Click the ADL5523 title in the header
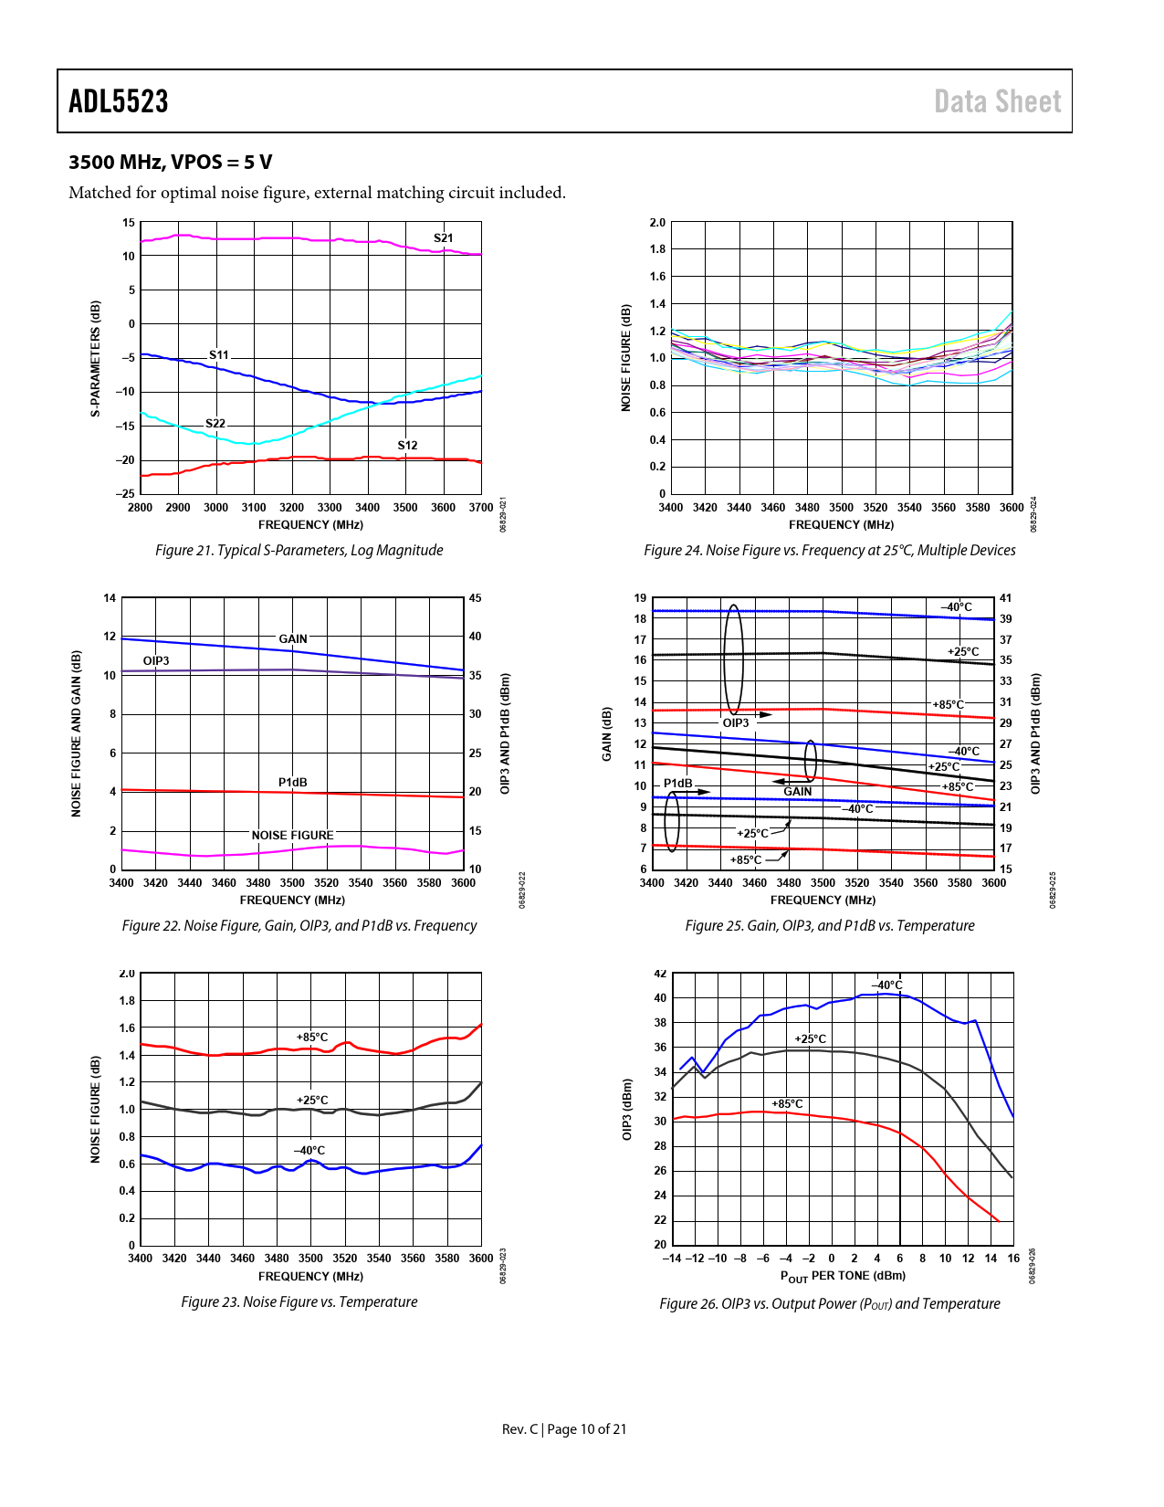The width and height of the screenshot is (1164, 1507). point(119,101)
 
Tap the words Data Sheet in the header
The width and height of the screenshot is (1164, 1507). point(997,101)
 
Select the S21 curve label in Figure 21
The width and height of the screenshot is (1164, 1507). point(443,238)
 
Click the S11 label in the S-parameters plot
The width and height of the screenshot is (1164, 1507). point(219,355)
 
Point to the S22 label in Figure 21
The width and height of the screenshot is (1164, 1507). point(215,424)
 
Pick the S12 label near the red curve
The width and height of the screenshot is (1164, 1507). point(407,446)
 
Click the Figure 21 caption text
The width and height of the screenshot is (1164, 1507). point(299,550)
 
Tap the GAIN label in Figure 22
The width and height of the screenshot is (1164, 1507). point(293,639)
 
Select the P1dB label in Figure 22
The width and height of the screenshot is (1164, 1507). point(293,783)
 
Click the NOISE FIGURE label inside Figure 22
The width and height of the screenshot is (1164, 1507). point(292,836)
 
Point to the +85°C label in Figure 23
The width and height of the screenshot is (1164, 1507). point(312,1038)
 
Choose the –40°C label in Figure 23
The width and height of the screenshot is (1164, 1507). point(309,1151)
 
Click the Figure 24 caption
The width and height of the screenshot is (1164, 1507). point(829,550)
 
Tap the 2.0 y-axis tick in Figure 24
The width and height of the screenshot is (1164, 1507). point(657,223)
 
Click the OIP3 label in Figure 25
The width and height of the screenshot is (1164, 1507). point(736,723)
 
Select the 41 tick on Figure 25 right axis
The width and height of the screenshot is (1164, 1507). point(1005,598)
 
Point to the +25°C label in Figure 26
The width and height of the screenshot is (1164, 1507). point(810,1039)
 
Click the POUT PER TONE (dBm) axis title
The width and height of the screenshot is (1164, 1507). point(843,1276)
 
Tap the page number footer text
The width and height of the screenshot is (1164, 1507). point(564,1429)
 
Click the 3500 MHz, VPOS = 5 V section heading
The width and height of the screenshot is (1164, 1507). point(171,163)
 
